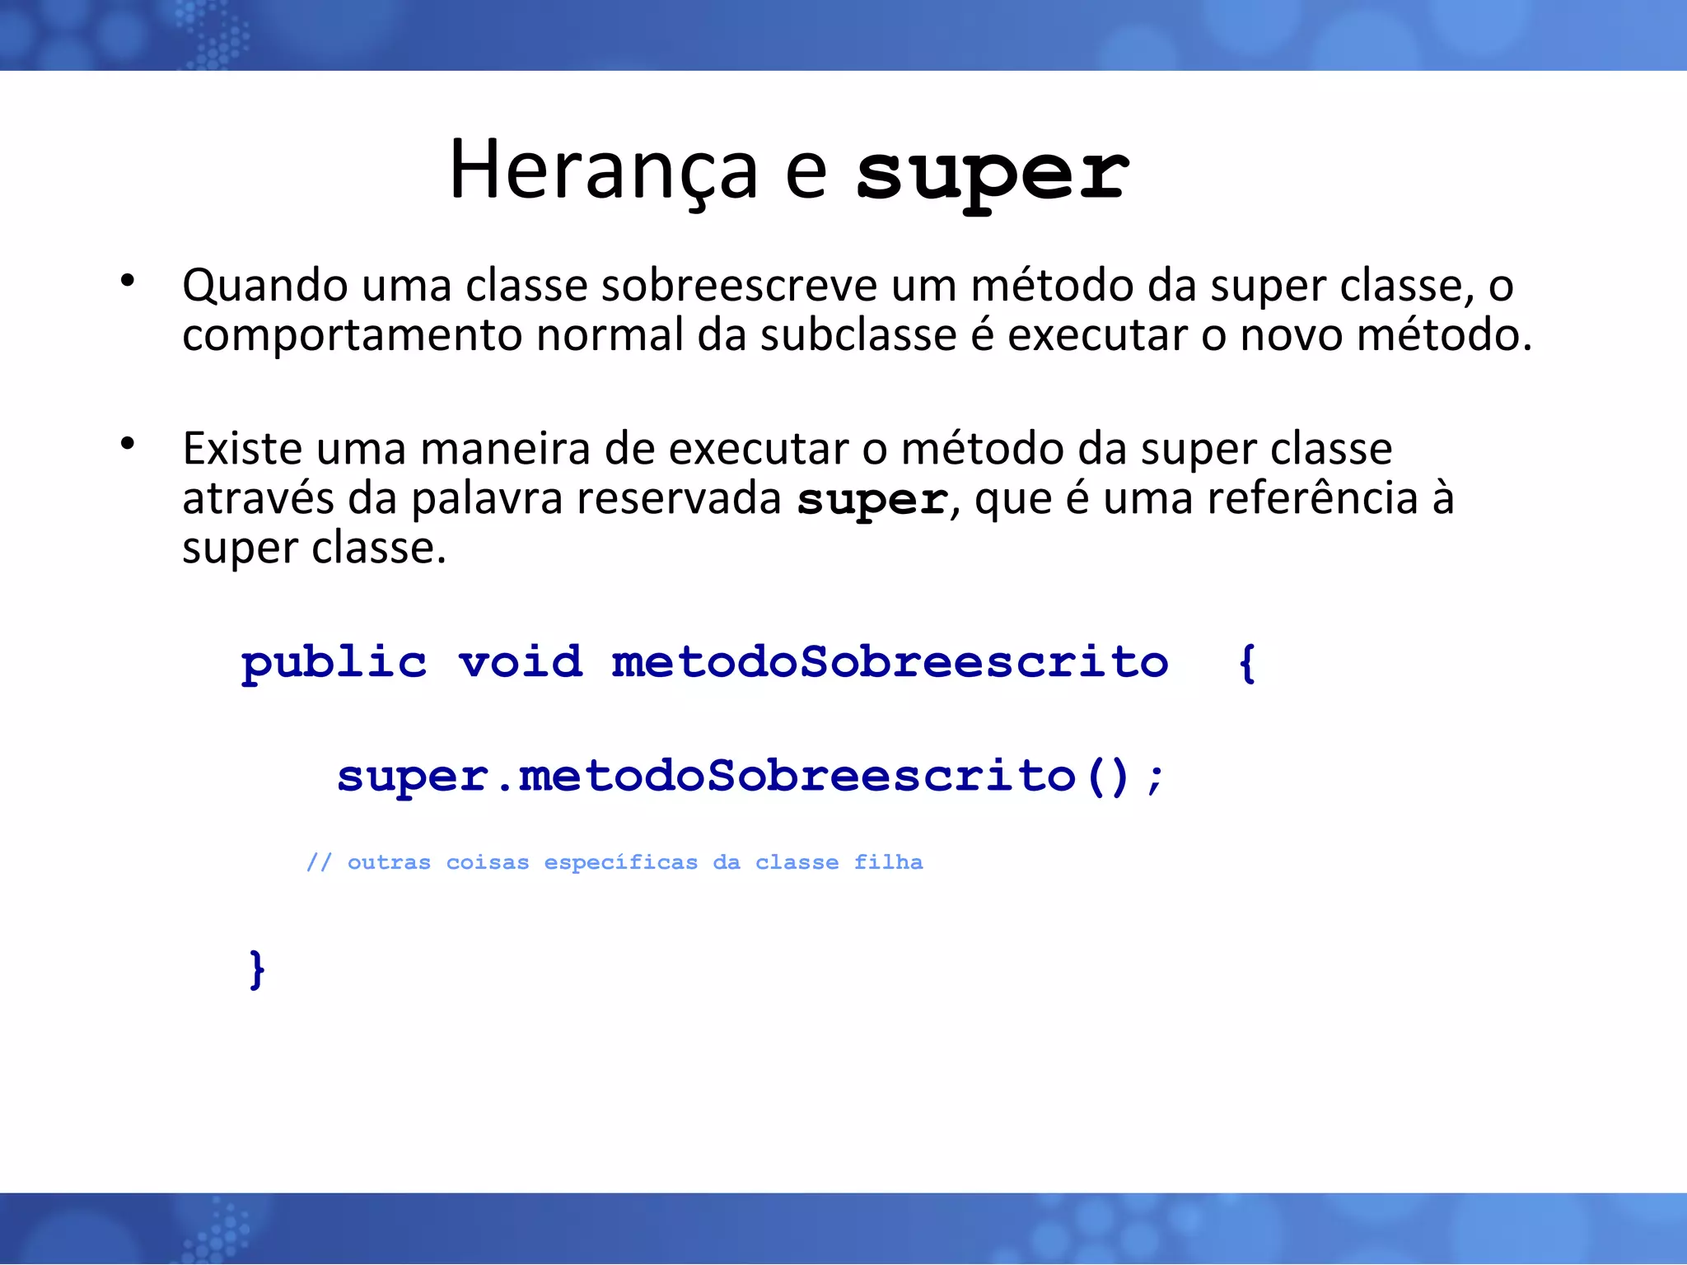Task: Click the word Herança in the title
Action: (x=602, y=170)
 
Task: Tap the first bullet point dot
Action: (x=127, y=281)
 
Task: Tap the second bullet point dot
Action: (x=127, y=444)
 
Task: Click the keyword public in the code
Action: (x=334, y=663)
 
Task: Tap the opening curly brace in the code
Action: (x=1247, y=663)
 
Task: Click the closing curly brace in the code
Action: (x=257, y=969)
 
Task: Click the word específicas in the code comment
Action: (x=620, y=862)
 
